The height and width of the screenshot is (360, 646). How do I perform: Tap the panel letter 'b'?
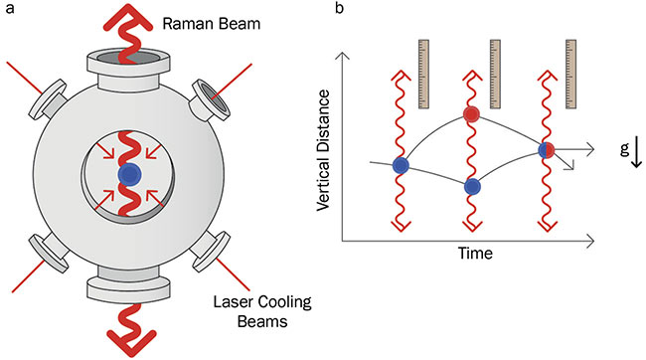pos(342,10)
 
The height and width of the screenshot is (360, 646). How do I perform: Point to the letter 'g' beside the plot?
pos(623,147)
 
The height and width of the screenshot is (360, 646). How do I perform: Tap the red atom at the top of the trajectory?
pos(472,115)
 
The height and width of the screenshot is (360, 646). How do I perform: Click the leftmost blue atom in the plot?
pos(400,164)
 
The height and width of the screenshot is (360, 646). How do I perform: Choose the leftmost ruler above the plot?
pos(424,73)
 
